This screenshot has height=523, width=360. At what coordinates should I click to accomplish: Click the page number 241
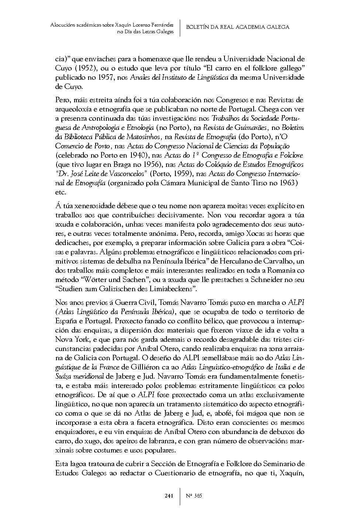169,496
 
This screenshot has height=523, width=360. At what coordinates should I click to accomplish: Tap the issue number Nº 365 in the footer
193,496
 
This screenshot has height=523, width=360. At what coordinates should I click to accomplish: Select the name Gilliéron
149,367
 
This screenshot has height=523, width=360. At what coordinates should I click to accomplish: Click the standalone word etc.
61,192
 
